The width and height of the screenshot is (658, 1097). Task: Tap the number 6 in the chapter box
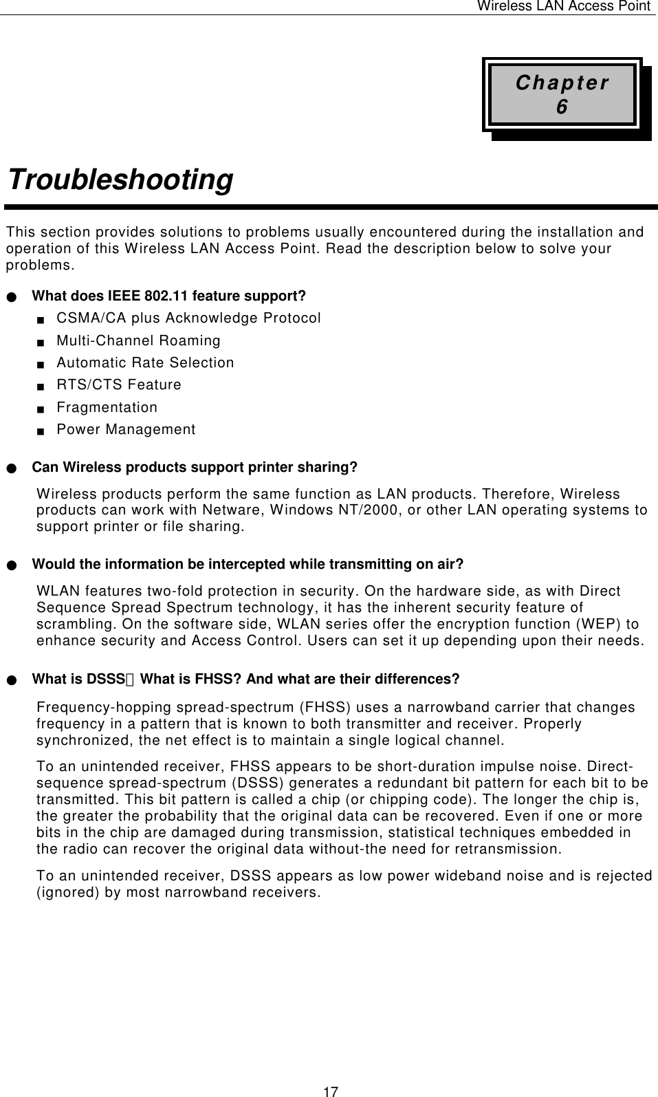pyautogui.click(x=562, y=107)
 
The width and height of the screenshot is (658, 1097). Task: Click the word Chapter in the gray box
pyautogui.click(x=562, y=83)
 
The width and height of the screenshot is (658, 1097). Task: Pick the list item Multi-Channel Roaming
pyautogui.click(x=138, y=340)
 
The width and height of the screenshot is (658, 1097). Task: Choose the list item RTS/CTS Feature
pyautogui.click(x=119, y=384)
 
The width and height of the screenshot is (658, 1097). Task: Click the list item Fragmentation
pyautogui.click(x=107, y=407)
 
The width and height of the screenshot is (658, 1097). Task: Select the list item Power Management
pyautogui.click(x=126, y=430)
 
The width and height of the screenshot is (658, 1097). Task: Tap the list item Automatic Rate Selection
pyautogui.click(x=145, y=362)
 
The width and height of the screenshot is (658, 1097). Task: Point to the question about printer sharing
pyautogui.click(x=195, y=468)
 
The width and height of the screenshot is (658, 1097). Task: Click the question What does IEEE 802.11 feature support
pyautogui.click(x=169, y=296)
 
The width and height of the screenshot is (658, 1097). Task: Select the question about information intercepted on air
pyautogui.click(x=248, y=565)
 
